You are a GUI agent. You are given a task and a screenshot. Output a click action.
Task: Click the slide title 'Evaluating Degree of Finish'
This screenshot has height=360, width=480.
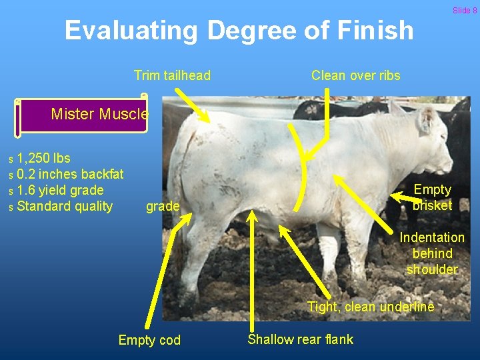[239, 31]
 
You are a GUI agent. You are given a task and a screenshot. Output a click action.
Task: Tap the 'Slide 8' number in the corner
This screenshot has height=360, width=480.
[465, 10]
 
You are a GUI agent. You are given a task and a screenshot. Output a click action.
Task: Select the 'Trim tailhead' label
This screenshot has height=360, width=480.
[172, 75]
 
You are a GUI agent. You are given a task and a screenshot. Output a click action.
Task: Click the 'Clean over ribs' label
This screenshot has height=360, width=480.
[355, 75]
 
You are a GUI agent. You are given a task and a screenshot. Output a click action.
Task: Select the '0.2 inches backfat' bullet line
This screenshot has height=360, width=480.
[70, 174]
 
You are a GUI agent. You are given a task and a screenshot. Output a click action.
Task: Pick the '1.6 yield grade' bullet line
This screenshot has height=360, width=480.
[60, 190]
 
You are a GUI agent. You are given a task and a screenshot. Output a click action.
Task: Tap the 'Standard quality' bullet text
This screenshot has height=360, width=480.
[65, 206]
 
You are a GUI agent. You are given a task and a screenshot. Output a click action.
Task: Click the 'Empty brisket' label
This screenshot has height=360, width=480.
[432, 197]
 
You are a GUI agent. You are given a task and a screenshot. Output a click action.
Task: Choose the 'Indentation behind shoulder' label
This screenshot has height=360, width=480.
[432, 253]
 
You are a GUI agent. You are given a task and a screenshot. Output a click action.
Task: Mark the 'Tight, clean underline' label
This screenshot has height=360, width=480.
[370, 307]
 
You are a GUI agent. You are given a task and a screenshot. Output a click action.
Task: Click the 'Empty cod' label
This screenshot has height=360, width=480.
[149, 340]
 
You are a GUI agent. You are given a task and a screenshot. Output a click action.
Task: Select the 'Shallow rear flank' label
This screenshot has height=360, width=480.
[300, 339]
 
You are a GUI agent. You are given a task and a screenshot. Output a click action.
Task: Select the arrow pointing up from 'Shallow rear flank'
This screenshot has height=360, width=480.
[251, 267]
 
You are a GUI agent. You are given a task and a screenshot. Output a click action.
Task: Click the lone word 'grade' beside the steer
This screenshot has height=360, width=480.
[163, 207]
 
